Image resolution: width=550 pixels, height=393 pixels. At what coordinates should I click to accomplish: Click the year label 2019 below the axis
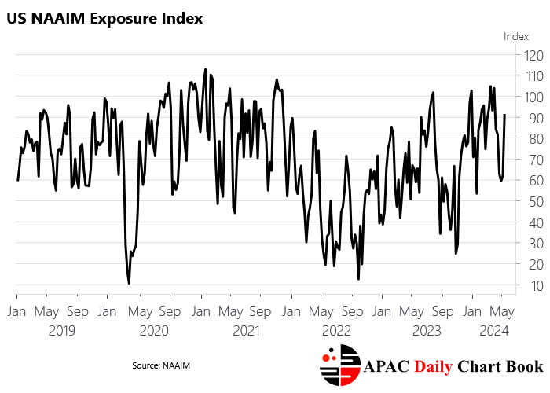[x=62, y=331]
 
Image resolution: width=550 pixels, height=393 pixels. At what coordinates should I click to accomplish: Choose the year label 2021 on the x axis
[x=246, y=331]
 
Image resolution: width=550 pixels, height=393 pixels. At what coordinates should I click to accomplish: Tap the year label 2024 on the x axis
[x=494, y=331]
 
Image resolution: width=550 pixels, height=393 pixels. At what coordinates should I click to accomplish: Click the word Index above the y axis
[x=516, y=35]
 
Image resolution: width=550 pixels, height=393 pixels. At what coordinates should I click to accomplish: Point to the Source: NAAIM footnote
[x=161, y=365]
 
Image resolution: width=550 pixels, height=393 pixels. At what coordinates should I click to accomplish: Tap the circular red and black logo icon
[x=339, y=366]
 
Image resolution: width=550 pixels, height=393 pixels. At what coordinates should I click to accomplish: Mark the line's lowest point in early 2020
[x=129, y=283]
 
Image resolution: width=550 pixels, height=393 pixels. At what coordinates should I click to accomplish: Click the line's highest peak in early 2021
[x=205, y=69]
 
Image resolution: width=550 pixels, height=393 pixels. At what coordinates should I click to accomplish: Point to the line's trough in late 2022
[x=358, y=279]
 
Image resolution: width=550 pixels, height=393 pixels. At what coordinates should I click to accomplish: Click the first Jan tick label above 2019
[x=17, y=310]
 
